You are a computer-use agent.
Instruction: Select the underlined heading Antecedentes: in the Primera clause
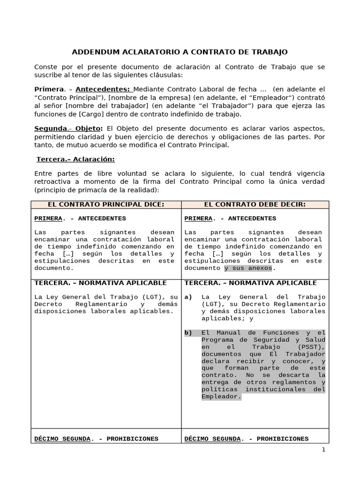pyautogui.click(x=103, y=89)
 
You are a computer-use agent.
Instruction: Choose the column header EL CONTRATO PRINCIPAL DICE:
pyautogui.click(x=106, y=204)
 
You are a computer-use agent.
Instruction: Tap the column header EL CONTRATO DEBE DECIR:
pyautogui.click(x=255, y=204)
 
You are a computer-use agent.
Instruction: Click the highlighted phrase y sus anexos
pyautogui.click(x=247, y=268)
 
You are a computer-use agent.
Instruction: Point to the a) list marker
pyautogui.click(x=188, y=297)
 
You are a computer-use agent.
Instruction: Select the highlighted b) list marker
pyautogui.click(x=188, y=333)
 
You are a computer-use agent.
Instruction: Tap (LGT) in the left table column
pyautogui.click(x=156, y=297)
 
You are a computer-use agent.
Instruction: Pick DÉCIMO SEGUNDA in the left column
pyautogui.click(x=62, y=439)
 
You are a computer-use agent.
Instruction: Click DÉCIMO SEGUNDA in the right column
pyautogui.click(x=212, y=439)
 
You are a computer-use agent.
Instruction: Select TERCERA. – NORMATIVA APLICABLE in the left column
pyautogui.click(x=100, y=283)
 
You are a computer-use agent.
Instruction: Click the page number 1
pyautogui.click(x=323, y=450)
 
